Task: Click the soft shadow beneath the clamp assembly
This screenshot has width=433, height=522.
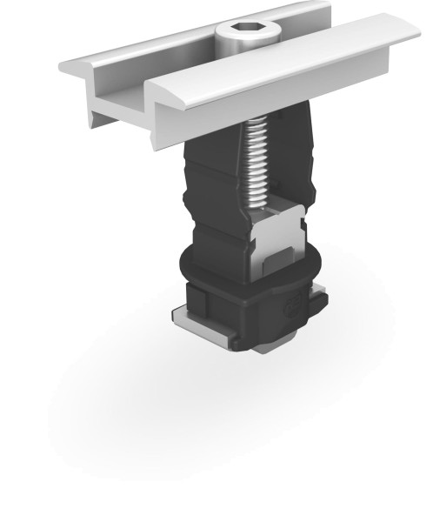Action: [174, 418]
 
